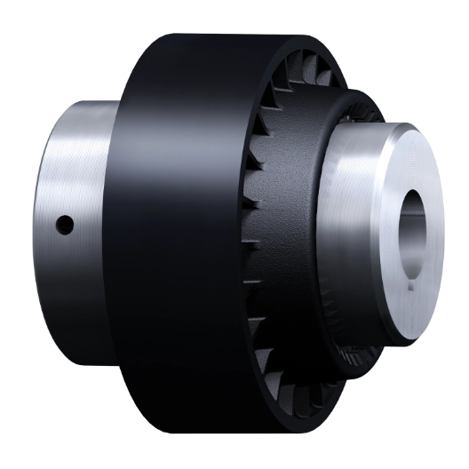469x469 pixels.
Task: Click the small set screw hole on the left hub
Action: click(x=64, y=226)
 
